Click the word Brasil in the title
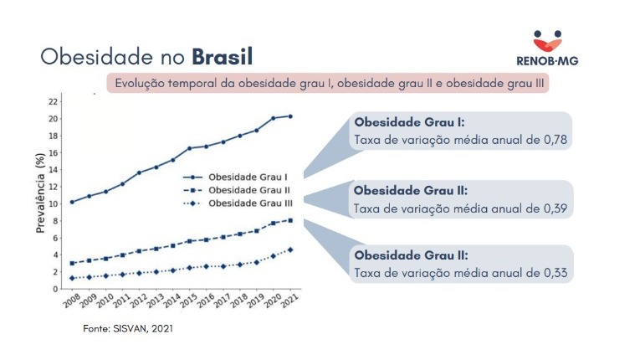pyautogui.click(x=222, y=56)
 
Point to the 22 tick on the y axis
pyautogui.click(x=53, y=101)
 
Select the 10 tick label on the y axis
pyautogui.click(x=53, y=203)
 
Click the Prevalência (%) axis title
pyautogui.click(x=38, y=195)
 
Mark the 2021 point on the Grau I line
pyautogui.click(x=289, y=116)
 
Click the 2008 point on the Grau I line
pyautogui.click(x=72, y=202)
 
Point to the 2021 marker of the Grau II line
pyautogui.click(x=289, y=220)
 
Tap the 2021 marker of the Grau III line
pyautogui.click(x=289, y=249)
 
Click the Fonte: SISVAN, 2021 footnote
pyautogui.click(x=127, y=329)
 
